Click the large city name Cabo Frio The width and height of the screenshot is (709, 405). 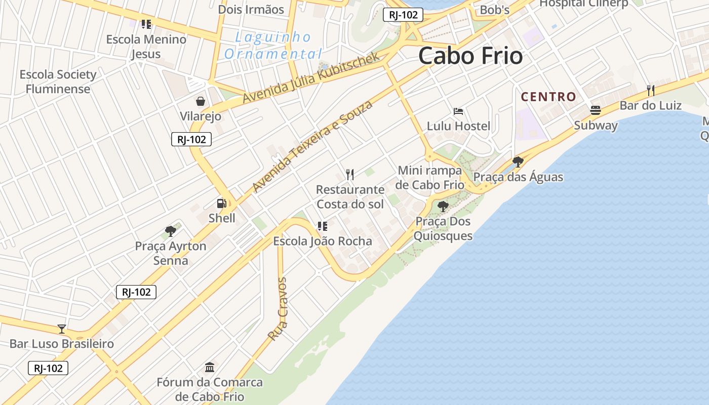470,56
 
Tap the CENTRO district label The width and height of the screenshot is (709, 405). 548,97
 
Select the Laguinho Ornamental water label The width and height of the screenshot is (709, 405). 273,46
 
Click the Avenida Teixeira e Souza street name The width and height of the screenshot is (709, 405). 312,146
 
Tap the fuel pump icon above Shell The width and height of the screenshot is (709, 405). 222,204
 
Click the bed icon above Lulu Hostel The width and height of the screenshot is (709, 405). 458,111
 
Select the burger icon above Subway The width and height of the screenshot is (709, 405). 596,110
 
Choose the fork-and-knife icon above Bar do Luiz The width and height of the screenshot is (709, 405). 651,91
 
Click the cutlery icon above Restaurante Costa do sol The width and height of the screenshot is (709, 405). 350,175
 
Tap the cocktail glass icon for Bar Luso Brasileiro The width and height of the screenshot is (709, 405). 62,329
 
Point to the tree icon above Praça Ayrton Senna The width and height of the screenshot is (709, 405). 171,231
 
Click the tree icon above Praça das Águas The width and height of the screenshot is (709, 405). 518,162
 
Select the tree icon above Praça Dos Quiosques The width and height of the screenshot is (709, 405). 443,206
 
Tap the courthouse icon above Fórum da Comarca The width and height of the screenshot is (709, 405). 210,367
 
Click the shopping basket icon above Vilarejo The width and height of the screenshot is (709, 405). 201,101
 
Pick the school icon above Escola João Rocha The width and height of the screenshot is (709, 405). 323,226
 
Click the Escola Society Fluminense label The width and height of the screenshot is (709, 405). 58,82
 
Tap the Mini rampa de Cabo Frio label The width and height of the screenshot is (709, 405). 430,178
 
